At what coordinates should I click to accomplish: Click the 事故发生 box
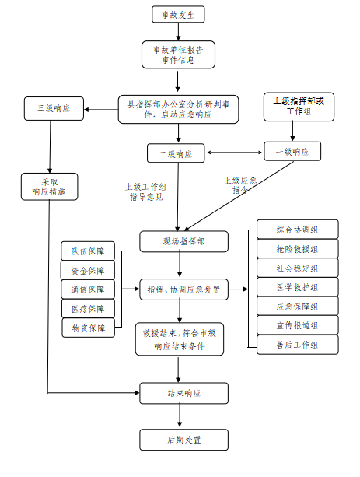coord(178,14)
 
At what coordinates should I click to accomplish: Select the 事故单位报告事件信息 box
coord(178,54)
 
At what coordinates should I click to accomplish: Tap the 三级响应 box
coord(54,109)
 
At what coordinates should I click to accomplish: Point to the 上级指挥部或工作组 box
coord(299,107)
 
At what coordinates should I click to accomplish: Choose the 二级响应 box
coord(176,153)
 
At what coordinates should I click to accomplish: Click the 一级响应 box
coord(292,151)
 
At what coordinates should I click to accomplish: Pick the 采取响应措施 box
coord(49,187)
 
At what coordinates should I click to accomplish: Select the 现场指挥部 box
coord(184,241)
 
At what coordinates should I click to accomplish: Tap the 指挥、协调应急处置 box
coord(184,289)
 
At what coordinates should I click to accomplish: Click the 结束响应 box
coord(184,393)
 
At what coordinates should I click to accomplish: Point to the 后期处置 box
coord(184,440)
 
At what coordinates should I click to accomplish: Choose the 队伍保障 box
coord(88,251)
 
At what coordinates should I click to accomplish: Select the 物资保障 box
coord(89,328)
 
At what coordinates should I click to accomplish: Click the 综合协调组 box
coord(298,230)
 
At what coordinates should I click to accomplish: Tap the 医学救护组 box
coord(298,287)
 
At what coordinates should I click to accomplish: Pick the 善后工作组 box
coord(298,345)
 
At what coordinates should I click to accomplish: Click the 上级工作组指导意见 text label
coord(146,192)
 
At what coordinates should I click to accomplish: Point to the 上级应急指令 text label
coord(240,185)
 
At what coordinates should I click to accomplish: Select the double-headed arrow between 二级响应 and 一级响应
coord(234,153)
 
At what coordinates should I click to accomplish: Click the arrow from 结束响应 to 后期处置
coord(180,416)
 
